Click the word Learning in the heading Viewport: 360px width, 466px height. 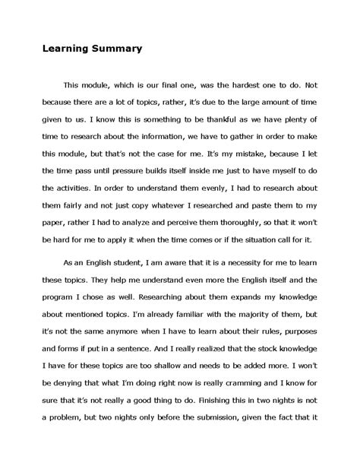click(62, 49)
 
